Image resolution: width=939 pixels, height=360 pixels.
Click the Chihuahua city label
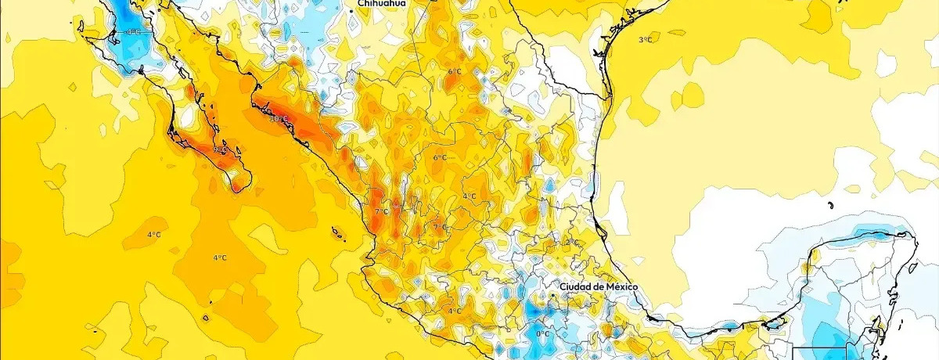(382, 4)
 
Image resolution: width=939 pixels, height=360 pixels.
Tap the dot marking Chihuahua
(352, 4)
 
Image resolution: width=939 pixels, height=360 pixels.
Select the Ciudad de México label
(599, 287)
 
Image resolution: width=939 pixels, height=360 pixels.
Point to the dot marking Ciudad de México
(555, 287)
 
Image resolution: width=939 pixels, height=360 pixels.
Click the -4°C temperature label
(132, 32)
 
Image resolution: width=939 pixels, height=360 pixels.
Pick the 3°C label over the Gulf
(645, 39)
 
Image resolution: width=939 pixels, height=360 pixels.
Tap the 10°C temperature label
(279, 119)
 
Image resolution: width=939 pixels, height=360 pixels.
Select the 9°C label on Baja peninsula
(221, 149)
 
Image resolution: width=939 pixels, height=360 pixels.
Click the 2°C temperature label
(574, 242)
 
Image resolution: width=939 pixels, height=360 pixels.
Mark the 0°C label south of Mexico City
(542, 334)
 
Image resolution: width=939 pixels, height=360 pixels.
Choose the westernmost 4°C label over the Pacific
(154, 235)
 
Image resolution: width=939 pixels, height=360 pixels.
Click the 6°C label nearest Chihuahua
(454, 72)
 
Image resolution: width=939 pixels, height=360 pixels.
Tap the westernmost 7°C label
(381, 212)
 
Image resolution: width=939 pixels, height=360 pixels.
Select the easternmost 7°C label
(440, 227)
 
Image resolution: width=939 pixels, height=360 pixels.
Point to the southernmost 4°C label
(454, 311)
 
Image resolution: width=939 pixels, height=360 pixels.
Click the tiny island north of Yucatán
(829, 205)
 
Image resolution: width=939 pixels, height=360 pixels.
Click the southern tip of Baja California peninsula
(236, 188)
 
